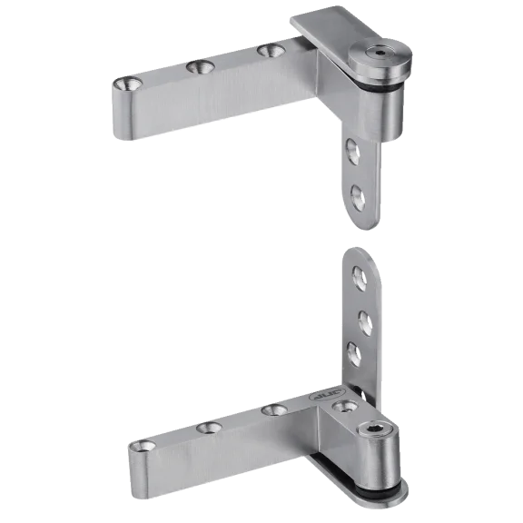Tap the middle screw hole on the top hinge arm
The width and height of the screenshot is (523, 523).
(x=198, y=65)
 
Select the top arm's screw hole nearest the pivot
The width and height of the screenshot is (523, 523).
(x=268, y=50)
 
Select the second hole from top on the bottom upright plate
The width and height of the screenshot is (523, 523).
(x=361, y=319)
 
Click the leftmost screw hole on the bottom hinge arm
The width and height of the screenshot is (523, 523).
(x=143, y=446)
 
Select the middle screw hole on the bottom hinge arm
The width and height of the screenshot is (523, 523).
(x=208, y=426)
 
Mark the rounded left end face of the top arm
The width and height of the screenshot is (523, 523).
(x=124, y=110)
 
